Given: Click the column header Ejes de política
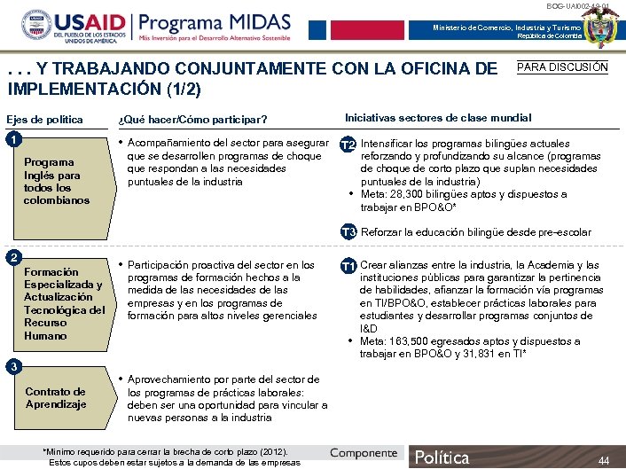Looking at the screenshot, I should coord(44,120).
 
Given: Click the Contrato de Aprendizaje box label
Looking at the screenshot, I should coord(55,398).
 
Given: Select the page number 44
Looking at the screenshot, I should coord(604,460).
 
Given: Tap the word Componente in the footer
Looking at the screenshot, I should coord(364,453).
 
